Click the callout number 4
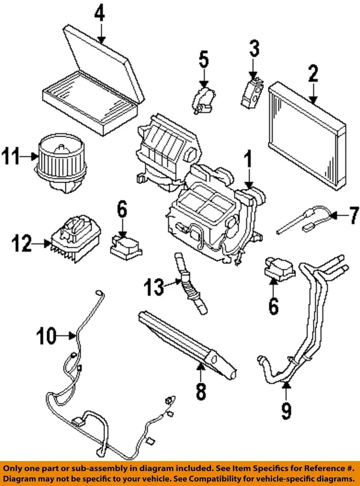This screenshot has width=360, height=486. [100, 14]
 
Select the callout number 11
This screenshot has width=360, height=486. [11, 156]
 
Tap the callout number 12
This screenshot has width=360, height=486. [22, 244]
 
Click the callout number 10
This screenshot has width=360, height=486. [47, 336]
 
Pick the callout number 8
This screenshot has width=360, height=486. [201, 391]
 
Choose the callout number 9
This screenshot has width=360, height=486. [286, 410]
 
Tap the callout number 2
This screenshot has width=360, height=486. [313, 73]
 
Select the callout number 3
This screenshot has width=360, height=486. [254, 49]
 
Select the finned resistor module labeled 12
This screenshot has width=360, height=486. [76, 238]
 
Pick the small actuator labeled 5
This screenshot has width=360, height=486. [204, 99]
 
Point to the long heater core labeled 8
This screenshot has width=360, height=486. [187, 344]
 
